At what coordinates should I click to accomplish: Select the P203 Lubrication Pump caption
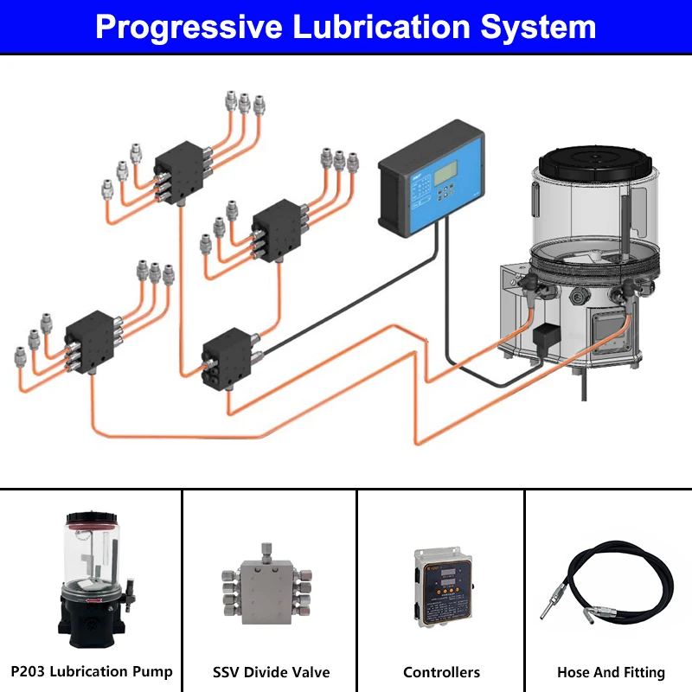click(x=91, y=671)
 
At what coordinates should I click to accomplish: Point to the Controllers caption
click(x=441, y=672)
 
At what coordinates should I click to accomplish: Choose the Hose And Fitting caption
click(x=611, y=672)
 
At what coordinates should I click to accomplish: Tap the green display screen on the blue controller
click(x=446, y=172)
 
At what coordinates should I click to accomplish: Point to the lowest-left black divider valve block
click(x=92, y=340)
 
